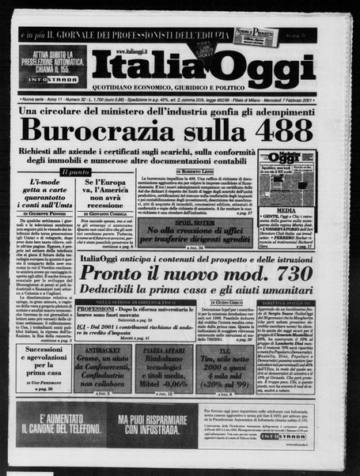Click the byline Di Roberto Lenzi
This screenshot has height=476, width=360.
[196, 171]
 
